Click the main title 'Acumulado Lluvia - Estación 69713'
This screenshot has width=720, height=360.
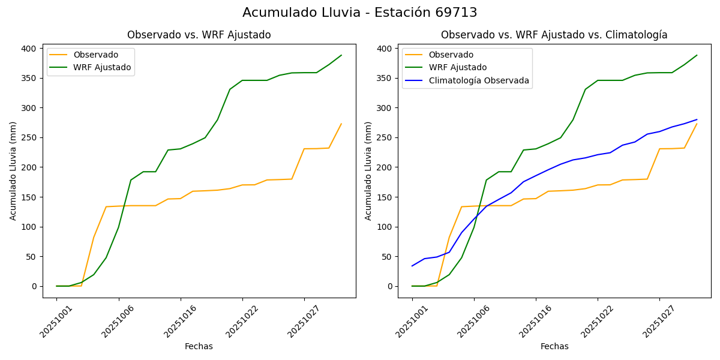click(360, 13)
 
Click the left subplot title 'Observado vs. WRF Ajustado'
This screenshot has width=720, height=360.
click(199, 35)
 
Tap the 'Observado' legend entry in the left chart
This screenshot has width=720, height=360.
click(95, 55)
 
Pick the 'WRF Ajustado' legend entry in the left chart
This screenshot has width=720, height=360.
click(102, 67)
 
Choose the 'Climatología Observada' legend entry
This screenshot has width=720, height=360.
click(479, 80)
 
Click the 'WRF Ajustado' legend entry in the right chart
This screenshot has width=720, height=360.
click(457, 67)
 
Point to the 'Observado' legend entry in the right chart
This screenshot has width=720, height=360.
click(451, 55)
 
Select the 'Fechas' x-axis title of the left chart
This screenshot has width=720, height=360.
click(199, 346)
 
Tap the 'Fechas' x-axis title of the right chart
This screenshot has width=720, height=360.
click(554, 346)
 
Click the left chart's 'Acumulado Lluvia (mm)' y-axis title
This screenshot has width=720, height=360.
click(13, 170)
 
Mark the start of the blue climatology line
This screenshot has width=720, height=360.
click(412, 266)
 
